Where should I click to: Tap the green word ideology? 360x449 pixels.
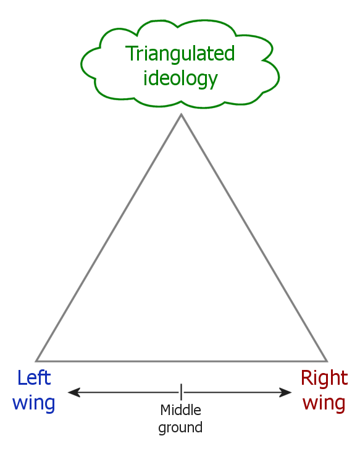pyautogui.click(x=180, y=78)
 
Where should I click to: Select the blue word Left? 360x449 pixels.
pyautogui.click(x=34, y=378)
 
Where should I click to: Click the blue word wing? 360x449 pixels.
pyautogui.click(x=33, y=403)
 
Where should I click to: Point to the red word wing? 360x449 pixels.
pyautogui.click(x=324, y=403)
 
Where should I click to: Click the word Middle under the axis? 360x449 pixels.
pyautogui.click(x=180, y=410)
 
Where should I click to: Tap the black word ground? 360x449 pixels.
pyautogui.click(x=180, y=427)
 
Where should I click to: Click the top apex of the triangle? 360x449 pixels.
pyautogui.click(x=181, y=114)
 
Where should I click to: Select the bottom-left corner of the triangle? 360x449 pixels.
pyautogui.click(x=36, y=361)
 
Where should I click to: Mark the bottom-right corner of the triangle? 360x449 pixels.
pyautogui.click(x=327, y=361)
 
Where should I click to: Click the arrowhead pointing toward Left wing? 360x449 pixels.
pyautogui.click(x=73, y=392)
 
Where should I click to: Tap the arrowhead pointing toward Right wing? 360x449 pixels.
pyautogui.click(x=285, y=392)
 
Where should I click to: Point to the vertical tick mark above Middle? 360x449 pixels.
pyautogui.click(x=181, y=392)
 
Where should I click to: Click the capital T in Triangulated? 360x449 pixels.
pyautogui.click(x=132, y=53)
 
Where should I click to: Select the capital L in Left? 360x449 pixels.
pyautogui.click(x=22, y=378)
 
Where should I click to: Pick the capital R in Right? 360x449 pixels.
pyautogui.click(x=307, y=378)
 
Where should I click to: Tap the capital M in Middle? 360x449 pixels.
pyautogui.click(x=165, y=410)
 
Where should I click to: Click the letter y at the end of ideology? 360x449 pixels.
pyautogui.click(x=213, y=81)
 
